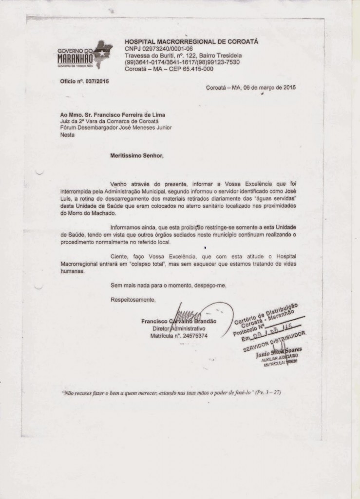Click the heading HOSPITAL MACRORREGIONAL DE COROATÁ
coord(191,42)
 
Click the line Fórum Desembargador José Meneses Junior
coord(115,128)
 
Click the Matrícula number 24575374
coord(192,336)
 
